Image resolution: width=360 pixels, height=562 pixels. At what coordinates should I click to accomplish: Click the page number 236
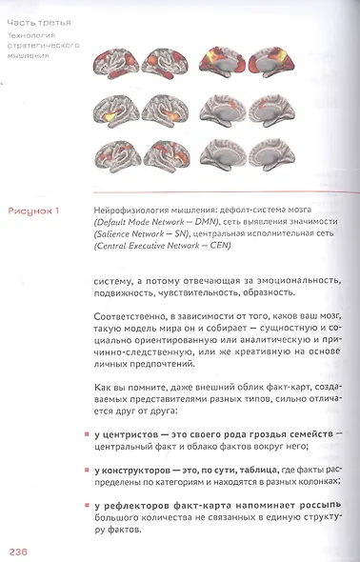click(x=22, y=552)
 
